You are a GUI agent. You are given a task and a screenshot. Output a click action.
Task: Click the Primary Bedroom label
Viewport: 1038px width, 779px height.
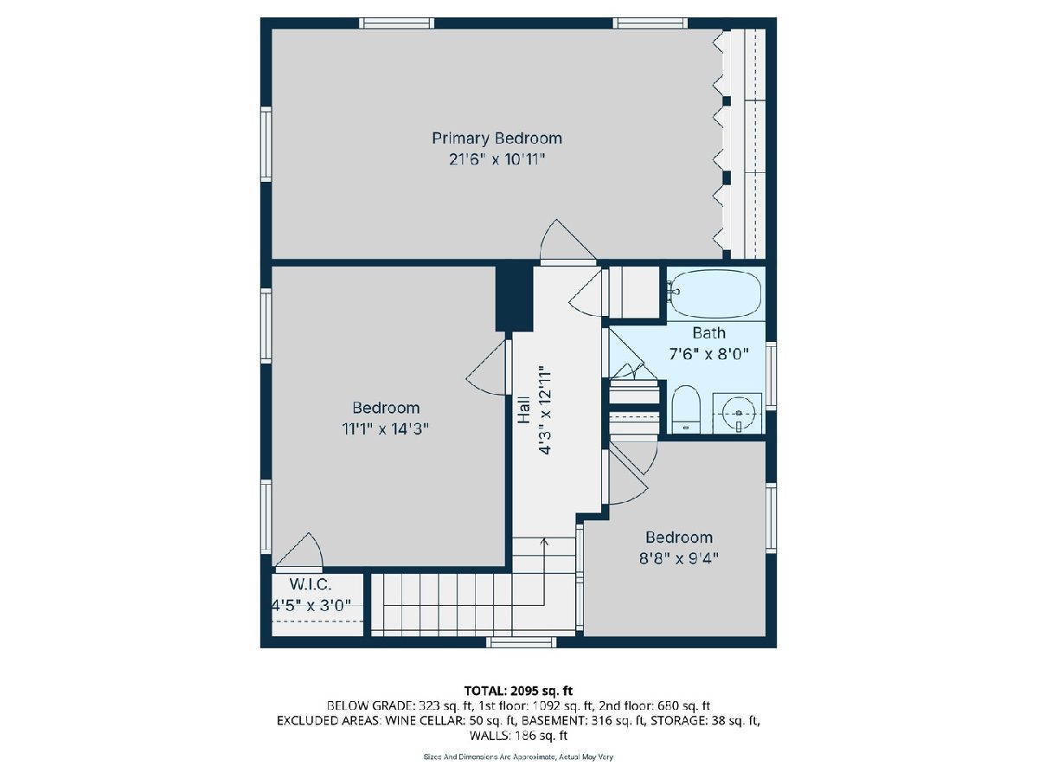497,138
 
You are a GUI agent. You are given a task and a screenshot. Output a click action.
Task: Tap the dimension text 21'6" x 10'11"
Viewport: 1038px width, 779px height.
497,159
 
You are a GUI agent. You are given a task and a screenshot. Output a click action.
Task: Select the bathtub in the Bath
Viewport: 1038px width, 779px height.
716,293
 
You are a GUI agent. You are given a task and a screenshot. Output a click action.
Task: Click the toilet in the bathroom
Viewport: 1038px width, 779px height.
686,409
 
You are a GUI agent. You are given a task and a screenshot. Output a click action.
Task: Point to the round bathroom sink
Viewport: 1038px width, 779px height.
737,413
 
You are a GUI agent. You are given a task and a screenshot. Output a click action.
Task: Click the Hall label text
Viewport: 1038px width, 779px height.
523,409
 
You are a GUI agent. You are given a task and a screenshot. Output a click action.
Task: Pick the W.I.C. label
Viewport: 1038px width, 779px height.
311,584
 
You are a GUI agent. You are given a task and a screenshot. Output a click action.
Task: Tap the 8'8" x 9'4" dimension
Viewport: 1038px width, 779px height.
679,558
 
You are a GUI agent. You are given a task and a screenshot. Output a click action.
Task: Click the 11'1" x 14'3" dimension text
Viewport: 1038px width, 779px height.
386,429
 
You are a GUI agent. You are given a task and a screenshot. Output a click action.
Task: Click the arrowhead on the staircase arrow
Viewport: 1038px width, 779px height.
544,541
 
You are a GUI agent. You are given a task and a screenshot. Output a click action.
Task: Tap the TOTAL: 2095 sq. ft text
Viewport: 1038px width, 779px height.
518,691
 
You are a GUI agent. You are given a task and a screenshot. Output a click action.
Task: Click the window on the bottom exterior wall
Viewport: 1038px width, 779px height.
521,642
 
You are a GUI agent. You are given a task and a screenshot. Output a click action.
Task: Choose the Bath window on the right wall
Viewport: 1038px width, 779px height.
771,376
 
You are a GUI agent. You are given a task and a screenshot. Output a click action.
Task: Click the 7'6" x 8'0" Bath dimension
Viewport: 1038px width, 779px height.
708,353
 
